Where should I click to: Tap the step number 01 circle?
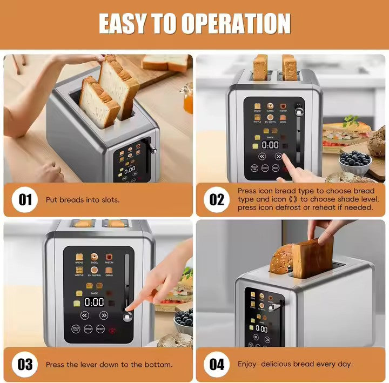(25, 200)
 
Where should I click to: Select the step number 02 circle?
(217, 200)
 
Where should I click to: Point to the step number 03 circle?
(25, 364)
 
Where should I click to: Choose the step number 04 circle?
(217, 364)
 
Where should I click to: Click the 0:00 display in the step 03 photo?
(94, 301)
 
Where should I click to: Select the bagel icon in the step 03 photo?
(94, 257)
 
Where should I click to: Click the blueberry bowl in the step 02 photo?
(354, 159)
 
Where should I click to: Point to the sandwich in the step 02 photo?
(346, 136)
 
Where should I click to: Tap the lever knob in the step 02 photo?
(298, 111)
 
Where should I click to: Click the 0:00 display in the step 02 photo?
(270, 145)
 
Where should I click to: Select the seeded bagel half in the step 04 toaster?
(281, 259)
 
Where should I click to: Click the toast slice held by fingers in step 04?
(313, 257)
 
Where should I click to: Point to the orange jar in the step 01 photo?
(188, 99)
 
